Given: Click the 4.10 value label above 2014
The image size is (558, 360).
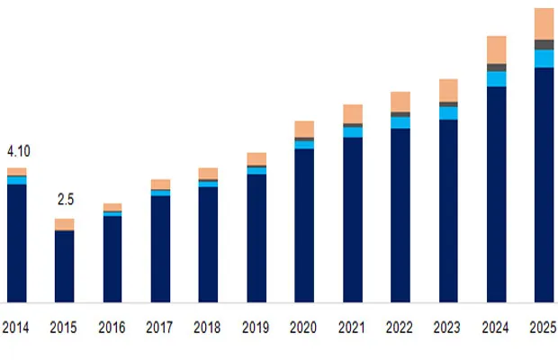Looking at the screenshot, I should [18, 151].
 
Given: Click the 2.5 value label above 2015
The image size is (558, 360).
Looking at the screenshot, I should [64, 199].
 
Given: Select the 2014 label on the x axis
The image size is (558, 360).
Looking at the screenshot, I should [16, 329].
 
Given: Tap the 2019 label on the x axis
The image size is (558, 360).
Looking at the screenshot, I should [256, 329].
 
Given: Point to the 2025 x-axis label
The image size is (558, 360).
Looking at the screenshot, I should [543, 329].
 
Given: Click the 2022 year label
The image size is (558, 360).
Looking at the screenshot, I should [400, 329].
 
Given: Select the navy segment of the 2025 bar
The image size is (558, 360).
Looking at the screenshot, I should [544, 184].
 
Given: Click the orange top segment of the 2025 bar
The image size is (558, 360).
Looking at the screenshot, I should [544, 23].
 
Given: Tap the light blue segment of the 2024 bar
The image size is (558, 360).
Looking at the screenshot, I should [496, 78].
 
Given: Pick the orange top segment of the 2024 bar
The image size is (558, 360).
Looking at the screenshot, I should [496, 49].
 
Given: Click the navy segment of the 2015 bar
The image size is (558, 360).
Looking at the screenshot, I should [65, 266].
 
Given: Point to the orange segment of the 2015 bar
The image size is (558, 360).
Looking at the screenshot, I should [65, 224].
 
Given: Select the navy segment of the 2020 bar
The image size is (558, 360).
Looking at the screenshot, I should [304, 225].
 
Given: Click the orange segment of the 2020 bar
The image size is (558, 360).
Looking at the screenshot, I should [304, 129].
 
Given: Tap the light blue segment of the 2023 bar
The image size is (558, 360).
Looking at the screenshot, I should [448, 112].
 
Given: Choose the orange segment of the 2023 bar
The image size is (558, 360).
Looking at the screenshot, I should [448, 90].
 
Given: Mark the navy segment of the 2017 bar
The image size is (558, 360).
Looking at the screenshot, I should [160, 248].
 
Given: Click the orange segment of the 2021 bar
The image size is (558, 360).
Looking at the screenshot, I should [352, 113].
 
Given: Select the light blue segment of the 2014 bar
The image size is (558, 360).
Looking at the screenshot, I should [17, 180].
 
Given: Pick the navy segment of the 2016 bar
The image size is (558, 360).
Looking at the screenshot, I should [112, 258].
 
